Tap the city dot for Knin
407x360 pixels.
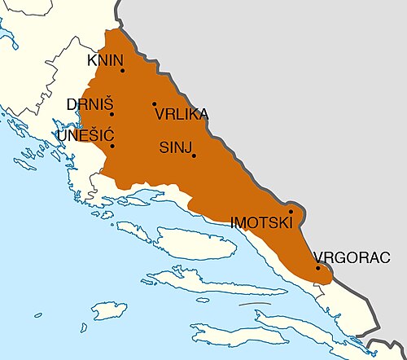(x=122, y=70)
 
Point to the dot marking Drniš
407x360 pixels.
(x=112, y=114)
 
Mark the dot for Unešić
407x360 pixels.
(x=112, y=146)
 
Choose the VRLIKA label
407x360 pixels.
(x=181, y=115)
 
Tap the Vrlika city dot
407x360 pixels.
(x=154, y=104)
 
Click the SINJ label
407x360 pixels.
(x=175, y=147)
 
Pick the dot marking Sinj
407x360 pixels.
(x=194, y=156)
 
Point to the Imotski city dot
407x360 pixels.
(x=291, y=211)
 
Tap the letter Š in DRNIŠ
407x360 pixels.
(x=108, y=103)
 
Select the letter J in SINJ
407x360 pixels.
(x=188, y=147)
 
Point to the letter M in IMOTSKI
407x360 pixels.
(x=241, y=222)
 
